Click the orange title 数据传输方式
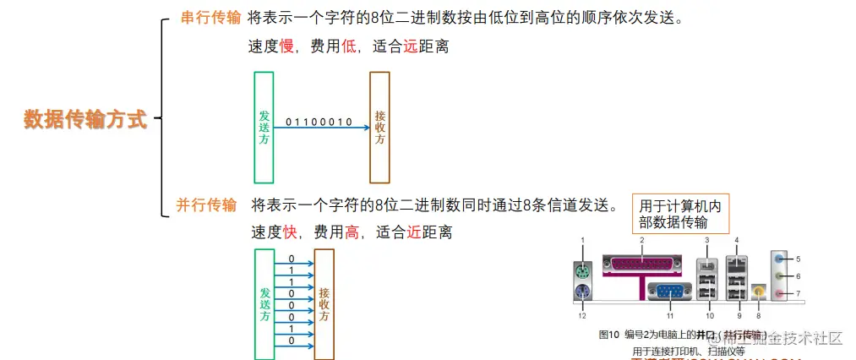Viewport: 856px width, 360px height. [85, 119]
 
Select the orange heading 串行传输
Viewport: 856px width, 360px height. [211, 18]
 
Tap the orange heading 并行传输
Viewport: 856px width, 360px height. [206, 205]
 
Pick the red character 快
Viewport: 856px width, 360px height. [289, 232]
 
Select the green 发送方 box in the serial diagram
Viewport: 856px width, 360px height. [264, 128]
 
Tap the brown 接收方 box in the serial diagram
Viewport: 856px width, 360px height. [379, 128]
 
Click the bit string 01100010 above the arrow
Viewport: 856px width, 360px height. [319, 122]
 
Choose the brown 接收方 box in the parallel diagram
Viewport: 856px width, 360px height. [324, 304]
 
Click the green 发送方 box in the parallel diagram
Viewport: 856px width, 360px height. [264, 304]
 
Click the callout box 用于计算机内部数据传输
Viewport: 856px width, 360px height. [683, 214]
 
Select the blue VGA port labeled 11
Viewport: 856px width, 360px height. [668, 293]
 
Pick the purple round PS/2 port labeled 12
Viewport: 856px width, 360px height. [582, 293]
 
